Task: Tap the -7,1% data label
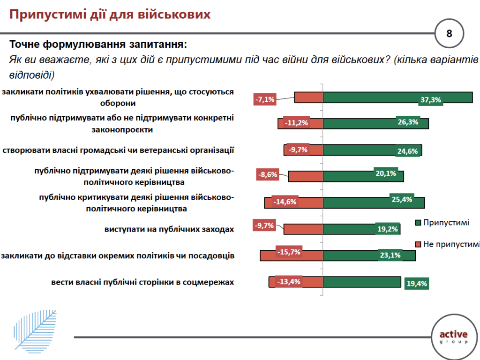264,99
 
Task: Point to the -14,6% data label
285,202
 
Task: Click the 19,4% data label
416,283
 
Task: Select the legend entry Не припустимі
448,244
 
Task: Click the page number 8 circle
449,33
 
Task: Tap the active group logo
453,337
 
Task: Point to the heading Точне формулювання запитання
98,45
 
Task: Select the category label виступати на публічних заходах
169,229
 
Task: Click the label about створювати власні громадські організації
118,150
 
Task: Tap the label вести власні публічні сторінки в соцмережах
142,282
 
